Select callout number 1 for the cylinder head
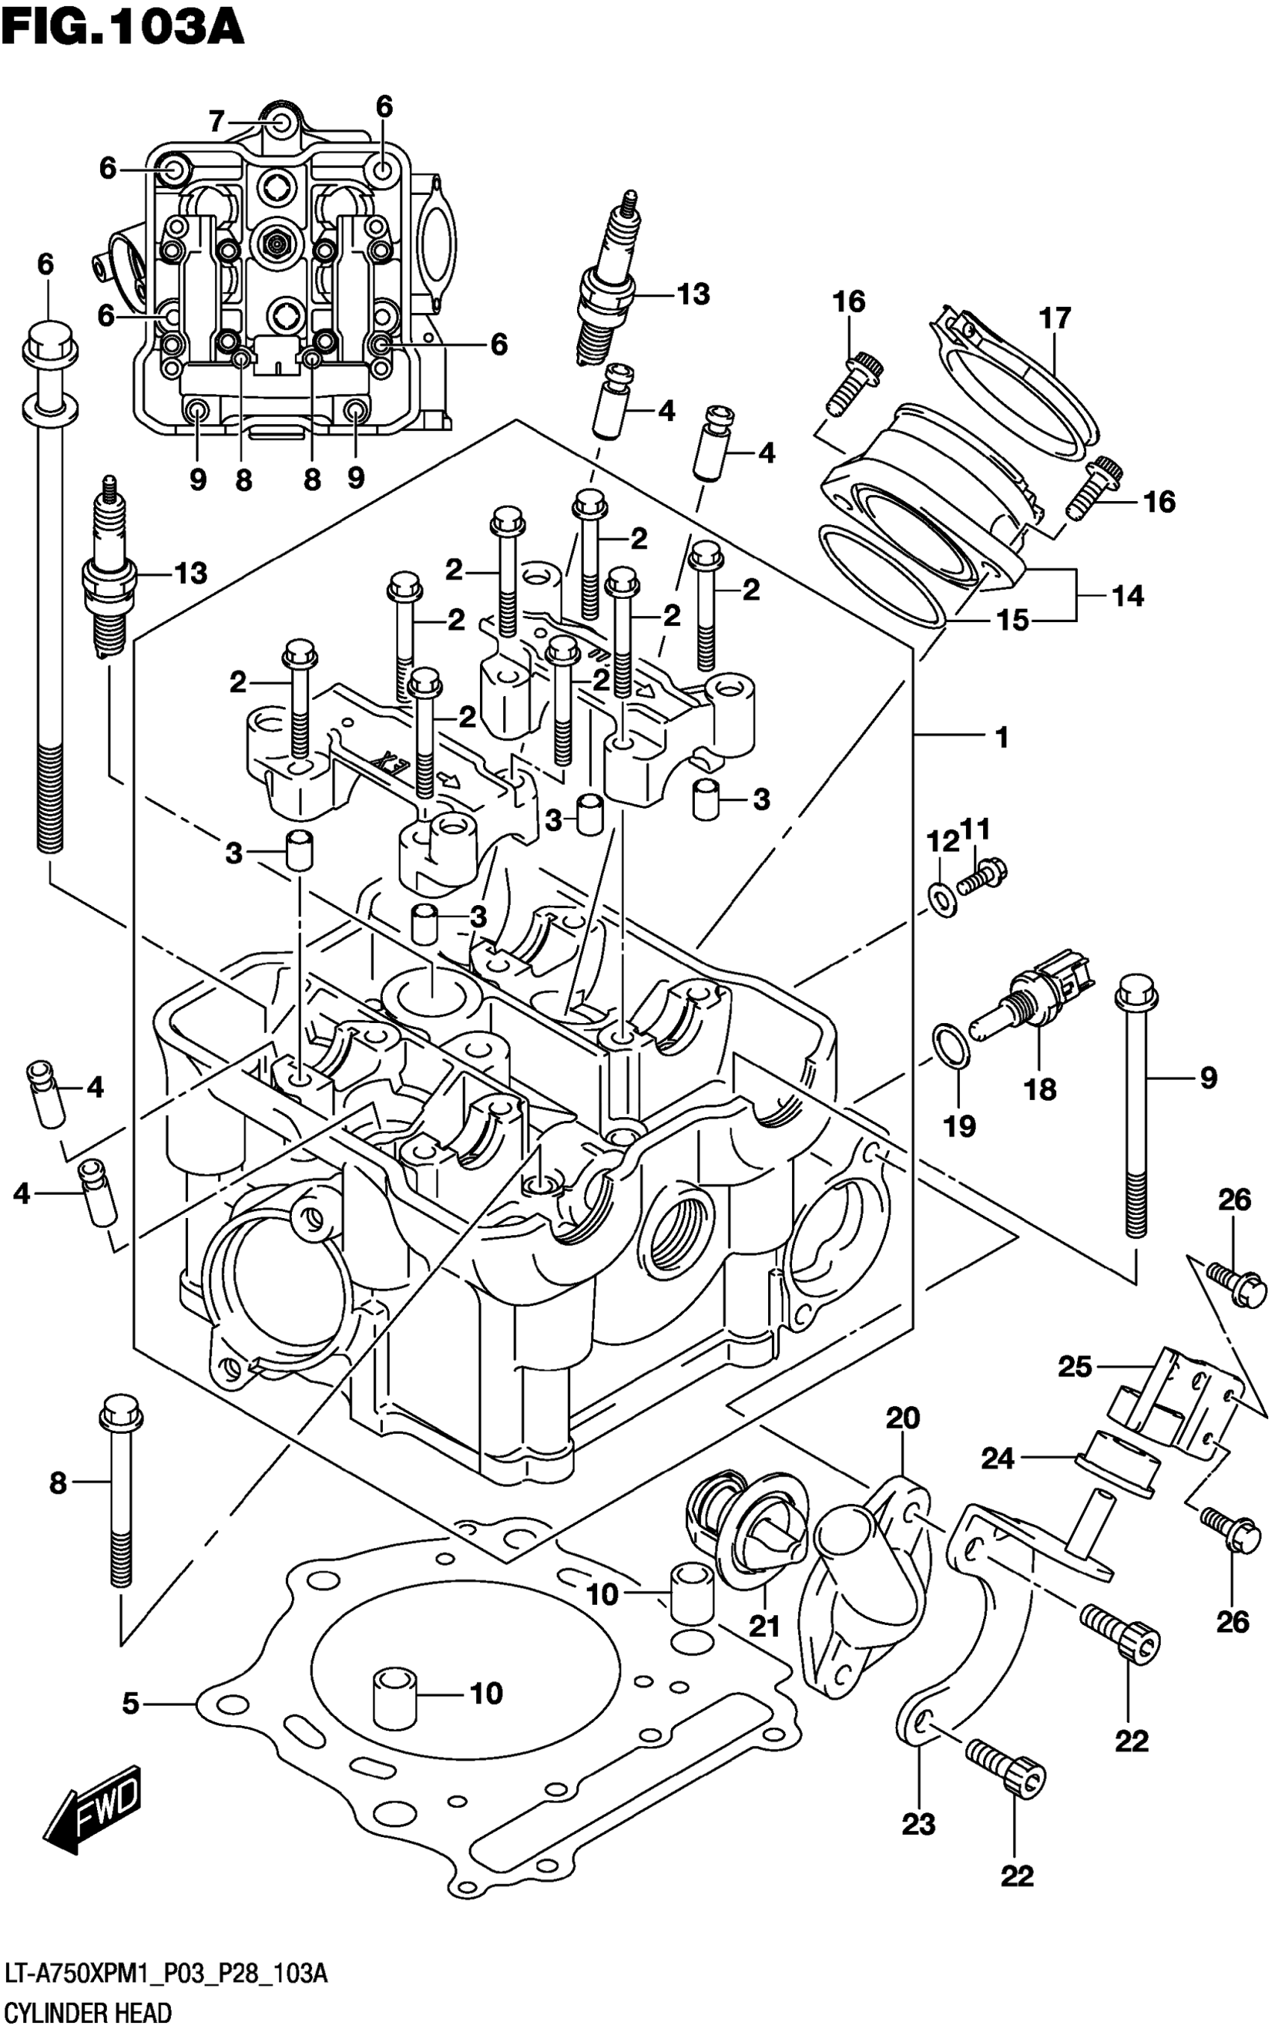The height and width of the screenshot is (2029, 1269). click(x=1001, y=737)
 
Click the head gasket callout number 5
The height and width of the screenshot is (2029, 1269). click(x=130, y=1703)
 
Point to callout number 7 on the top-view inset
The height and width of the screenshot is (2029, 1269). click(x=216, y=122)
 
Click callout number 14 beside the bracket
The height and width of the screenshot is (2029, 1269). click(x=1128, y=596)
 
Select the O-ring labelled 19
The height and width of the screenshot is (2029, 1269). click(x=951, y=1047)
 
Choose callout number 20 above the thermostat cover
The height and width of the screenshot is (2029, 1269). click(x=903, y=1418)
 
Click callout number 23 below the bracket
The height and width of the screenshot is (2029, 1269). click(x=918, y=1824)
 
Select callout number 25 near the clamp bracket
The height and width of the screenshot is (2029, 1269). click(x=1075, y=1367)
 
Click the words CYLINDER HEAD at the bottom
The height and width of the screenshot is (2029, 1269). click(x=88, y=2013)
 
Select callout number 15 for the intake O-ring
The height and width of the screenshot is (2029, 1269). click(x=1013, y=621)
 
